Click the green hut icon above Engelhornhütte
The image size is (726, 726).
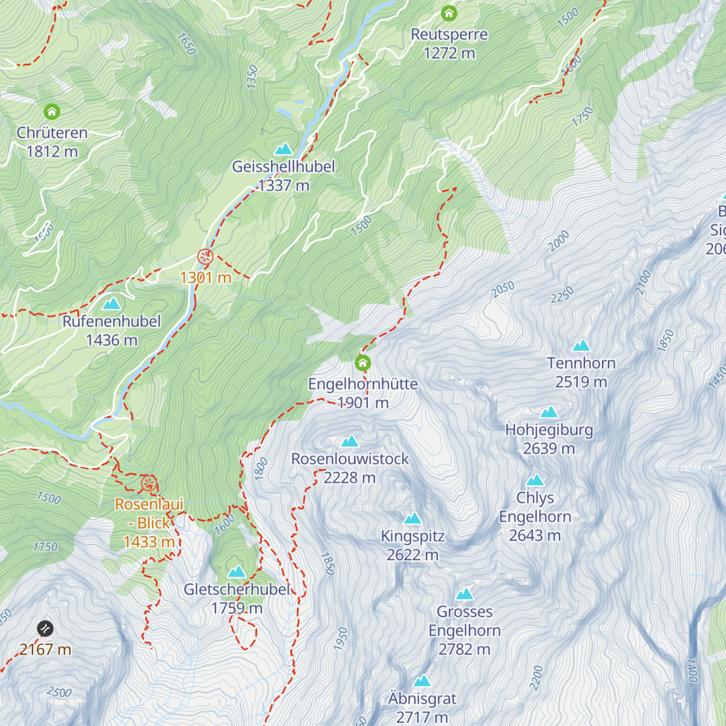click(x=362, y=363)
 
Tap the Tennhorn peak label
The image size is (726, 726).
click(x=581, y=363)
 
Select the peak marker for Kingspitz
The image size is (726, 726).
click(x=413, y=518)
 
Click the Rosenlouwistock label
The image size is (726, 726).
click(x=350, y=459)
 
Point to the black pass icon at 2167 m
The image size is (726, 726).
click(x=45, y=629)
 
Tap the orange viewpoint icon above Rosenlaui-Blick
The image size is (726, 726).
click(x=149, y=483)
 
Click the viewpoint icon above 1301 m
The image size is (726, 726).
click(x=206, y=257)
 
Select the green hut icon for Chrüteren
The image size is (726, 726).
click(x=52, y=112)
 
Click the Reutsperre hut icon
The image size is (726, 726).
click(x=449, y=13)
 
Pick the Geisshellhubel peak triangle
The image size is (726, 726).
click(x=283, y=149)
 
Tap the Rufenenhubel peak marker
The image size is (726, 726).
click(x=111, y=304)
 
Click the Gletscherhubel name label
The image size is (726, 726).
click(x=237, y=589)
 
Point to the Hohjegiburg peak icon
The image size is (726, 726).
click(x=549, y=413)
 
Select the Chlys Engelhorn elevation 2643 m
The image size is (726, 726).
click(x=535, y=535)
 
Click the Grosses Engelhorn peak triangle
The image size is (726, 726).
click(x=465, y=594)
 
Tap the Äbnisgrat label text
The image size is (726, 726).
click(x=422, y=699)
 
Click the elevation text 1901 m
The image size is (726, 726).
click(x=363, y=403)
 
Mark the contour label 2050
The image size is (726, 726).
click(x=503, y=290)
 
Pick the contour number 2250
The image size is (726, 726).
click(x=561, y=295)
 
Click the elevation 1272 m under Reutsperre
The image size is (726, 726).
click(x=449, y=53)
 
